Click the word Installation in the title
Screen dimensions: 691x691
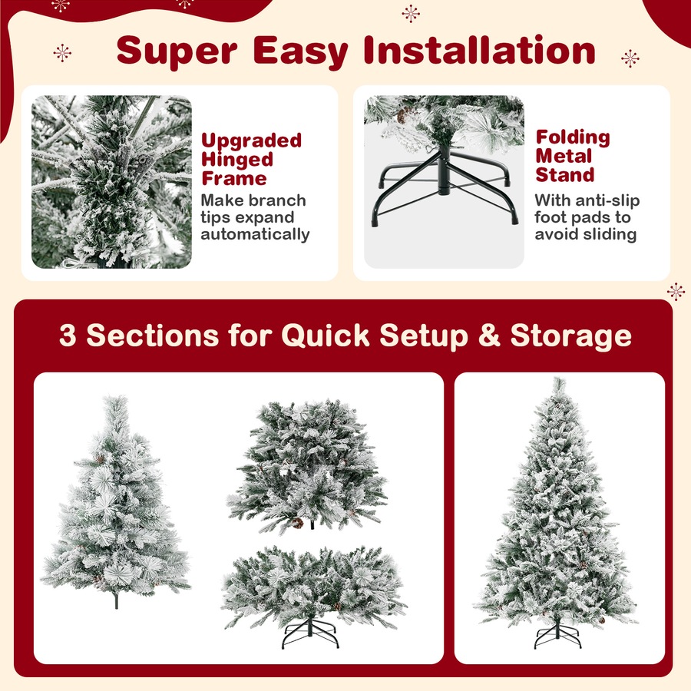click(479, 50)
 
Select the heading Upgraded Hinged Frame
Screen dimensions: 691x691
click(251, 160)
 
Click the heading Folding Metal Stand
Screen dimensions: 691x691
click(574, 156)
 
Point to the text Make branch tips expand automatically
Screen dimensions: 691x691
click(254, 217)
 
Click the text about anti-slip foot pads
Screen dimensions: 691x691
click(586, 217)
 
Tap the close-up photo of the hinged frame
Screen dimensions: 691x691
click(111, 182)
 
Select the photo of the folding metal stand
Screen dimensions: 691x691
click(444, 182)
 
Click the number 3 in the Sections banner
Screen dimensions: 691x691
click(68, 336)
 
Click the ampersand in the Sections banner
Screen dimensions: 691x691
click(489, 336)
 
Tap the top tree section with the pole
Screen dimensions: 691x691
click(115, 499)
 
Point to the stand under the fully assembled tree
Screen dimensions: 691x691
click(558, 636)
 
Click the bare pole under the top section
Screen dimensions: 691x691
click(116, 600)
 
